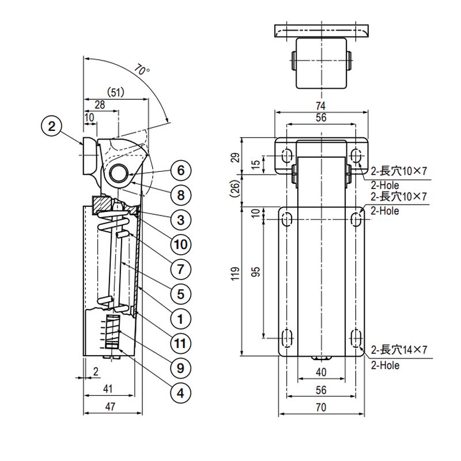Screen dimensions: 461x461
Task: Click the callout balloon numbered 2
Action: (52, 126)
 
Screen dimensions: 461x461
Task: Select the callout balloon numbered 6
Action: (180, 170)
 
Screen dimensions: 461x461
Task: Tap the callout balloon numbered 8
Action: (180, 195)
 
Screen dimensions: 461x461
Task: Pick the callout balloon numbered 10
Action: (180, 244)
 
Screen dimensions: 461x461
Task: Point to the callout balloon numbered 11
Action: (180, 343)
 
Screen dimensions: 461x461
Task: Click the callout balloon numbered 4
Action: (180, 393)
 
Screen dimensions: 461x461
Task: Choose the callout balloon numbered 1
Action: (180, 319)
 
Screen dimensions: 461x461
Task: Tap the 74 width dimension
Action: (321, 105)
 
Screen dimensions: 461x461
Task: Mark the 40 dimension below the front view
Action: (321, 372)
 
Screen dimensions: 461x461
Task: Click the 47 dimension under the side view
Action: (111, 406)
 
